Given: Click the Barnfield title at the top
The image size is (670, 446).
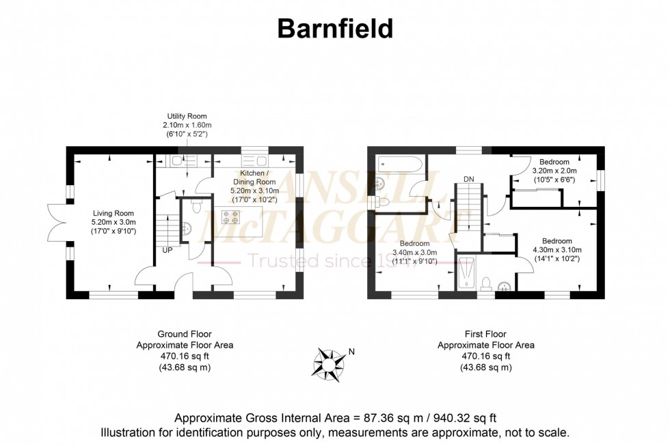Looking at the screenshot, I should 335,29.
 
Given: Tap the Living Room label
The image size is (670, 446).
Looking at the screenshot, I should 113,212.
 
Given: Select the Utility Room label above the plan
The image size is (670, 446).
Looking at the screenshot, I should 187,116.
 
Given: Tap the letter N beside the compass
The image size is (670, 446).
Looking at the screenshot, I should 351,352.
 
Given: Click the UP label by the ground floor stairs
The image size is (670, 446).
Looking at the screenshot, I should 167,249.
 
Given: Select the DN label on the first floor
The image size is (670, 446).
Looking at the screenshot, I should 469,179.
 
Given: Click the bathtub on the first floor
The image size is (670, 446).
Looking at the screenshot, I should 400,164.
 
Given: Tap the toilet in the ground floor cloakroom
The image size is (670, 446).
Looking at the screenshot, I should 196,204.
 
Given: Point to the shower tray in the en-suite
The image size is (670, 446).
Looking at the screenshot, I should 468,273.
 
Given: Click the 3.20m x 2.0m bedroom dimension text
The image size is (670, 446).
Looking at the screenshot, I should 554,171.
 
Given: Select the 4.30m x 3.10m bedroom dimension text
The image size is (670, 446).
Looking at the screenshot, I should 557,250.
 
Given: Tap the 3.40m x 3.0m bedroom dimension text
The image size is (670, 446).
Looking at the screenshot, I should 414,253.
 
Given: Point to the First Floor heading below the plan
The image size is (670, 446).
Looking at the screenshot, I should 485,334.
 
